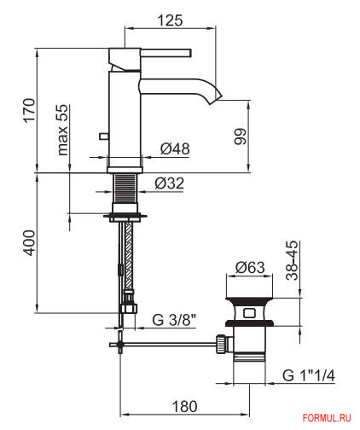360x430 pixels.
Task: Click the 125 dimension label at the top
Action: pos(170,20)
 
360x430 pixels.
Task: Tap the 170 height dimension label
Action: pos(30,110)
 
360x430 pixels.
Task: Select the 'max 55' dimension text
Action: pos(63,130)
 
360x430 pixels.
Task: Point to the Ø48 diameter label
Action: pos(175,148)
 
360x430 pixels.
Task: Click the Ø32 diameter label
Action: pos(170,183)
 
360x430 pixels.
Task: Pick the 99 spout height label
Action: pos(241,137)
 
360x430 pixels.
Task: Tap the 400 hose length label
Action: pos(30,243)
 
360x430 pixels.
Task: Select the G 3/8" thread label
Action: pos(174,320)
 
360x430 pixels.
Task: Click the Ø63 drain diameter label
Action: pos(250,267)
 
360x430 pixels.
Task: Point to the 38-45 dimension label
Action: pos(292,260)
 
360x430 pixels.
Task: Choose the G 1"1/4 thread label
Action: pos(309,375)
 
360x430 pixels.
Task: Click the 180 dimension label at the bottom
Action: pos(184,406)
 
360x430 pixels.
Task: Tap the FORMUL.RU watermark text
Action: pos(327,418)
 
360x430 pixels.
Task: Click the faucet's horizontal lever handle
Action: pos(166,53)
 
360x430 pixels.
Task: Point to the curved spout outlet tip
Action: pos(216,97)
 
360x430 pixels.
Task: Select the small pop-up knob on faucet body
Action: pos(103,137)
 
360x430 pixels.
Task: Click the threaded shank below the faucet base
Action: pos(125,189)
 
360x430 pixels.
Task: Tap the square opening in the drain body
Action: pos(249,313)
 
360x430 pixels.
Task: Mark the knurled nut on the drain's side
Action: pos(221,344)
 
